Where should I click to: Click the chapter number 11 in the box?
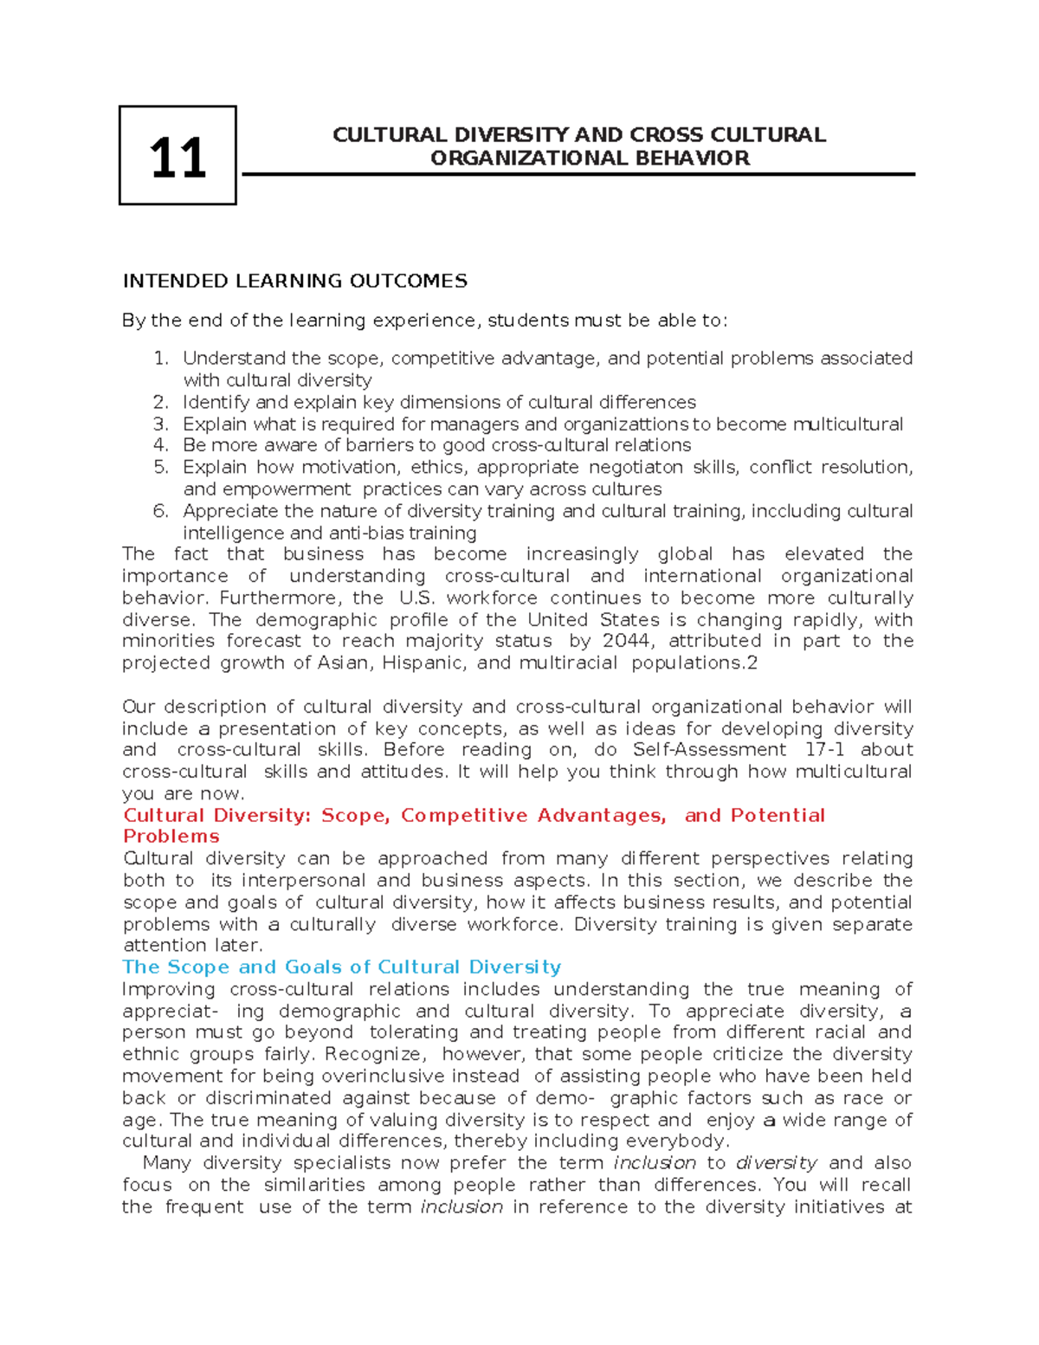pyautogui.click(x=177, y=158)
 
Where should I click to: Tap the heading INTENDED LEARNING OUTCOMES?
pyautogui.click(x=294, y=281)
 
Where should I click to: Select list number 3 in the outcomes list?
pyautogui.click(x=160, y=424)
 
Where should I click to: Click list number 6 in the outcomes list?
pyautogui.click(x=160, y=511)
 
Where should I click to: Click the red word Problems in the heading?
pyautogui.click(x=171, y=837)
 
